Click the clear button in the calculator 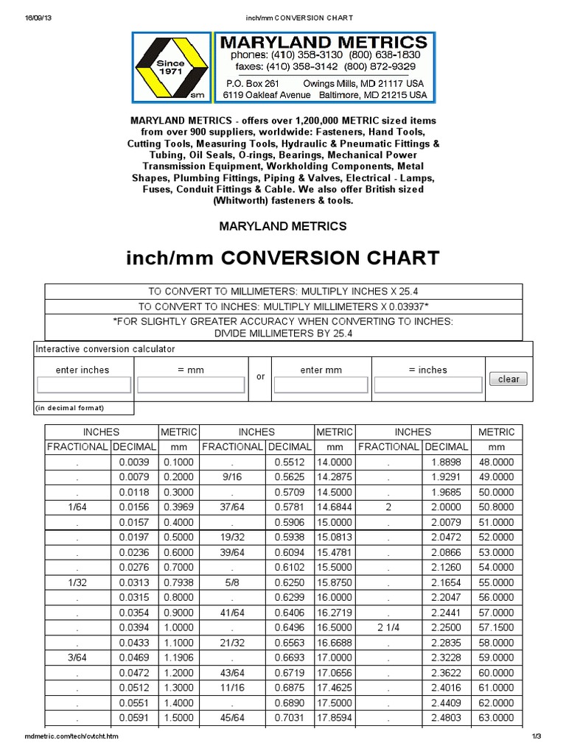509,379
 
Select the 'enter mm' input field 321,385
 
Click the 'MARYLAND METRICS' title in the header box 324,42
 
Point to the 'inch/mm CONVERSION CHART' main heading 283,258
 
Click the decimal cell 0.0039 133,462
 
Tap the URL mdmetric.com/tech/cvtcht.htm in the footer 71,736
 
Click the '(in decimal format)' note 70,408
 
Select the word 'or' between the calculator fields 260,376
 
